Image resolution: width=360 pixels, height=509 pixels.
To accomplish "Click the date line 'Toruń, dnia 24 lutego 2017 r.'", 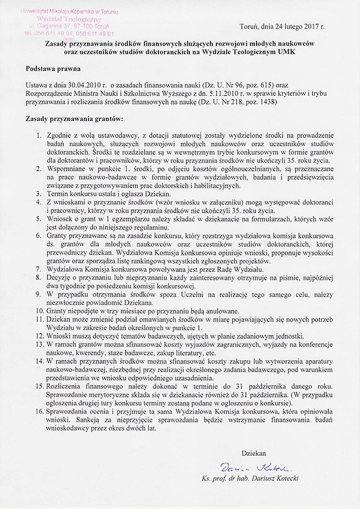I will [x=283, y=27].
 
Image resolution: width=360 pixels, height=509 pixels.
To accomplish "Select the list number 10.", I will [x=40, y=310].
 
